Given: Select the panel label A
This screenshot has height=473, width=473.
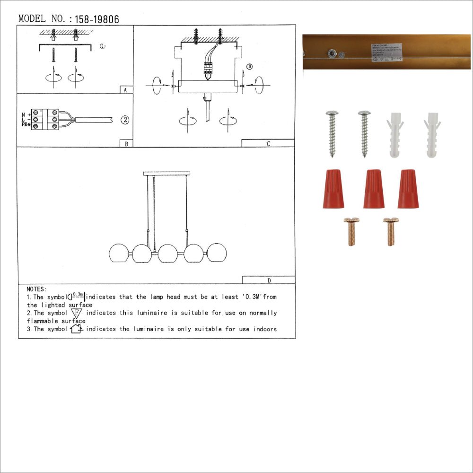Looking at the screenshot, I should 125,90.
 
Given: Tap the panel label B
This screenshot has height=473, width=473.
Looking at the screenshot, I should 126,144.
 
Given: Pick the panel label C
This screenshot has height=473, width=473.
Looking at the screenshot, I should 268,144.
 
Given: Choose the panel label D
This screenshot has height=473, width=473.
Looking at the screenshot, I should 269,280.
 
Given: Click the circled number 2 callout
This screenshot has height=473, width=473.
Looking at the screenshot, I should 124,120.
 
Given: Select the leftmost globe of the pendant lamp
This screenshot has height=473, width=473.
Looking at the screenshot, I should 118,253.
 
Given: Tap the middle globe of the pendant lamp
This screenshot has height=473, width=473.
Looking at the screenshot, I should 167,253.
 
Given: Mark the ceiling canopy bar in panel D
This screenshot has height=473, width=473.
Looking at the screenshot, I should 166,174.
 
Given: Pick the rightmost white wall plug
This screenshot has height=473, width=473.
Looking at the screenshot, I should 432,136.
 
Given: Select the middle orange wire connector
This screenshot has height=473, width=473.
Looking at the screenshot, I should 374,189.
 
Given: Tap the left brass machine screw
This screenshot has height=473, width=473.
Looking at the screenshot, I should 351,231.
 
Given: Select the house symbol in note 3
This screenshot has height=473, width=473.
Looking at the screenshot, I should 77,329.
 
